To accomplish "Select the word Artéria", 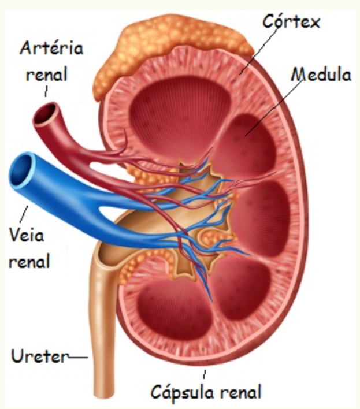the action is pyautogui.click(x=51, y=48).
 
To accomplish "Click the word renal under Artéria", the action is pyautogui.click(x=47, y=74).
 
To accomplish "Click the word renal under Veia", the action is pyautogui.click(x=29, y=261).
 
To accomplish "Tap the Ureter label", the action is pyautogui.click(x=40, y=356).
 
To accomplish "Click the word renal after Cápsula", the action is pyautogui.click(x=240, y=391).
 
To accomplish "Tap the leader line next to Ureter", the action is pyautogui.click(x=78, y=357).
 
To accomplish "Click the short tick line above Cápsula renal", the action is pyautogui.click(x=205, y=374).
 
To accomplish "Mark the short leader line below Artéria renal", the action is pyautogui.click(x=46, y=91).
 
